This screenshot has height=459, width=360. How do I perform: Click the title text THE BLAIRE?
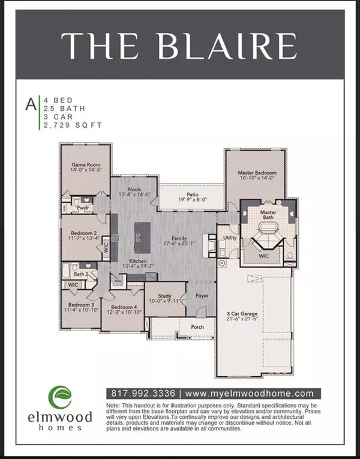tap(180, 46)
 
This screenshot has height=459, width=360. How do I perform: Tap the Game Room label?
tap(86, 164)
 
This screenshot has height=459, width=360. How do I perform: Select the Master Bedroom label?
tap(256, 173)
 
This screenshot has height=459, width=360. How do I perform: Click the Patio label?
tap(192, 195)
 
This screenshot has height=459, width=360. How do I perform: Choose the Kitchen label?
tap(138, 262)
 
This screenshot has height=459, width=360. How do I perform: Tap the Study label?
tap(166, 296)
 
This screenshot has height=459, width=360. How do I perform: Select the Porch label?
tap(197, 327)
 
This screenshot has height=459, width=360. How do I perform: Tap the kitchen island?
tap(142, 236)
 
